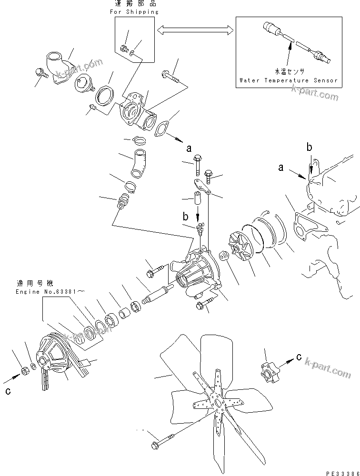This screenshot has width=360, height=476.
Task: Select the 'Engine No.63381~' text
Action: point(50,292)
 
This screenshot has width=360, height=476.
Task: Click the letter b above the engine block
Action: point(309,148)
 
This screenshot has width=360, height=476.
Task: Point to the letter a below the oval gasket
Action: point(189,149)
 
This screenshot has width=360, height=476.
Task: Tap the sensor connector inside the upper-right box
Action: point(271,28)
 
